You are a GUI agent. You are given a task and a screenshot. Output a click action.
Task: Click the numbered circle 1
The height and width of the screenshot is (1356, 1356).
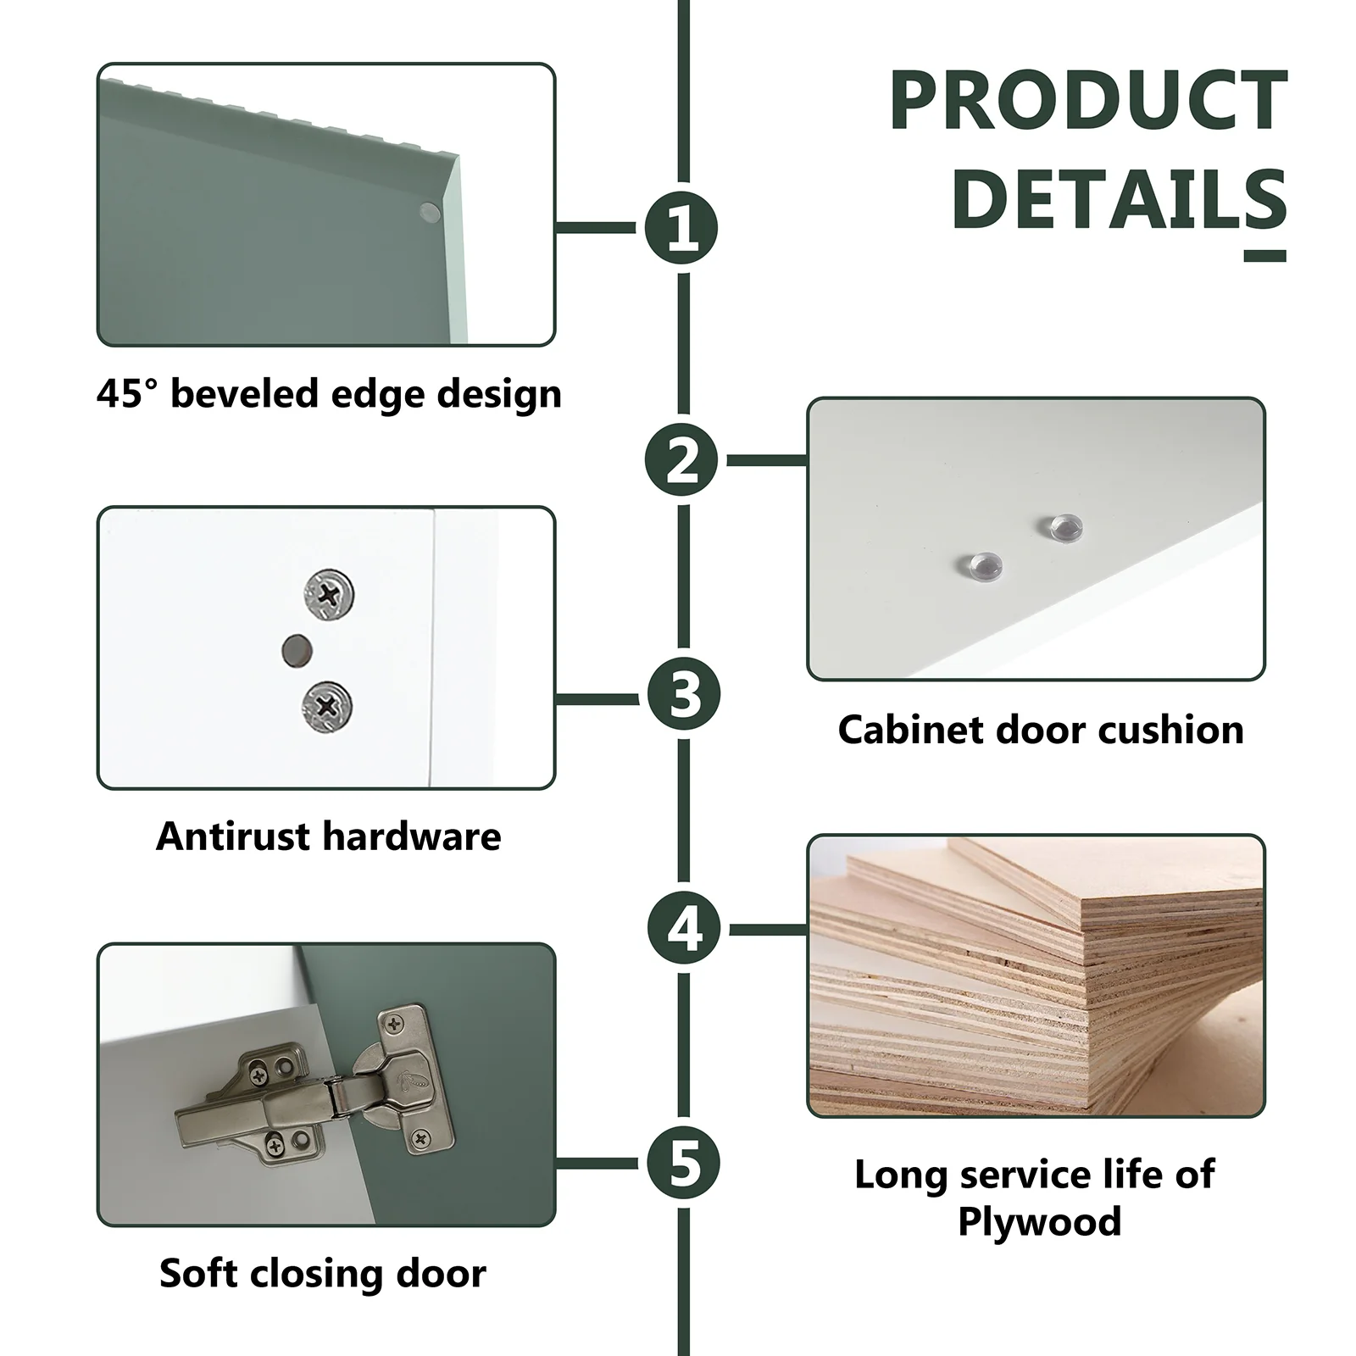(x=681, y=228)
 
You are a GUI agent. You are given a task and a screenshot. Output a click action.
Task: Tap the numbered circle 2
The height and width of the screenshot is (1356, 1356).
(x=681, y=460)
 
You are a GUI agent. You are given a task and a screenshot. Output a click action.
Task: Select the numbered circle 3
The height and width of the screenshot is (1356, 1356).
(x=683, y=695)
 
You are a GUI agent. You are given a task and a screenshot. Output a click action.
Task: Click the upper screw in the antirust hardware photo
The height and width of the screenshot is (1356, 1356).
(x=328, y=594)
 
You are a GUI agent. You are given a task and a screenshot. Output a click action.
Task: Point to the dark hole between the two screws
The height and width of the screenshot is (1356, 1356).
(x=297, y=650)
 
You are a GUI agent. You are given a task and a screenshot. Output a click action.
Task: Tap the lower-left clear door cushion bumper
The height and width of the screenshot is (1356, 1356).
(x=981, y=565)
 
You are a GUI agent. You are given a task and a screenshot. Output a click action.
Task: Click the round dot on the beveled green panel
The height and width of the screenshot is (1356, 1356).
(x=431, y=212)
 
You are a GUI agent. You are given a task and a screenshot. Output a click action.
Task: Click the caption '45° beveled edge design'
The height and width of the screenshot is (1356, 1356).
(x=329, y=394)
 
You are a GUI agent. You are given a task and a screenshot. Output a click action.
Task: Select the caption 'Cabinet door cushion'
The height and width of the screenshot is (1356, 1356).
(x=1041, y=730)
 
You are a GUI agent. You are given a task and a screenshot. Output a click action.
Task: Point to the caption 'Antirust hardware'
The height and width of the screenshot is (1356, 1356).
(x=329, y=836)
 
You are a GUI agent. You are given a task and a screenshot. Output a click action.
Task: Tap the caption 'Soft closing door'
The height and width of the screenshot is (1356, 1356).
(x=323, y=1274)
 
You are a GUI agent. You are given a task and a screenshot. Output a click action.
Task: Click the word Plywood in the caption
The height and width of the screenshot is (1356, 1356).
(x=1040, y=1221)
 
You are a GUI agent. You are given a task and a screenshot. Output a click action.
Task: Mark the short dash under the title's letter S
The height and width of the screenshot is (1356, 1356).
(x=1265, y=256)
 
